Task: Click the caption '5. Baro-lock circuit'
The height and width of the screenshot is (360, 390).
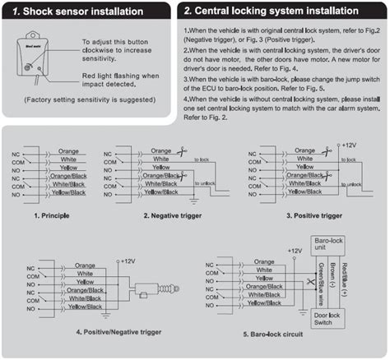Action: pyautogui.click(x=270, y=335)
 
